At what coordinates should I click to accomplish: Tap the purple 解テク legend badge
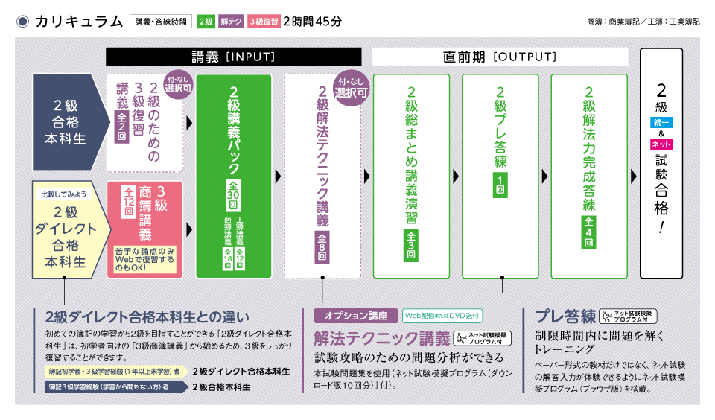[230, 22]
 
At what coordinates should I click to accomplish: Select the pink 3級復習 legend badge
[263, 22]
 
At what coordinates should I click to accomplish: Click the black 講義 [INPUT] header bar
[233, 57]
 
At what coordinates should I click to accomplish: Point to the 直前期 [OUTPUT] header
[500, 57]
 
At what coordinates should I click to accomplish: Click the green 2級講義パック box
[233, 176]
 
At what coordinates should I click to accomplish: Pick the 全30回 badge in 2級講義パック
[233, 196]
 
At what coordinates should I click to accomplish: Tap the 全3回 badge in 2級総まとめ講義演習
[411, 245]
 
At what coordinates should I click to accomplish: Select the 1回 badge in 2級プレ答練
[500, 185]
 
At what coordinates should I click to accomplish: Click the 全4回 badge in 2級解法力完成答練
[589, 232]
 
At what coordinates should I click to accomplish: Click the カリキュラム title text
[78, 21]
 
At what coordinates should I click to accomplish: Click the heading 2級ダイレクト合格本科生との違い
[147, 316]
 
